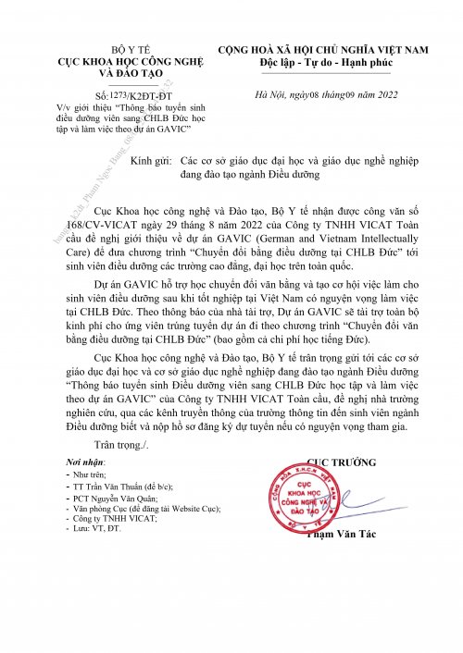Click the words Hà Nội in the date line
(x=278, y=94)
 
